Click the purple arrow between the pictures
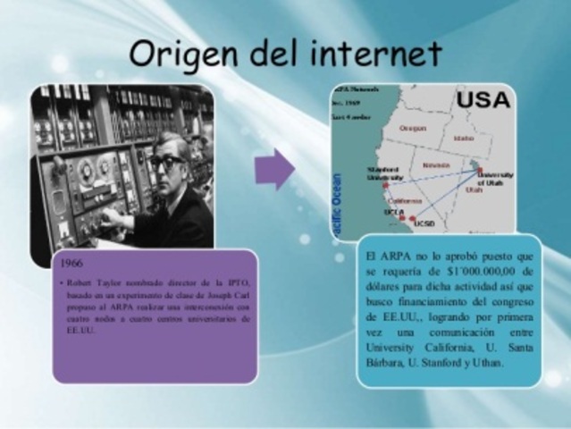pyautogui.click(x=274, y=169)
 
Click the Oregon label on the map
pyautogui.click(x=413, y=127)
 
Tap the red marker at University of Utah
pyautogui.click(x=474, y=164)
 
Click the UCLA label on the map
pyautogui.click(x=392, y=214)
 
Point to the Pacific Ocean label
pyautogui.click(x=337, y=201)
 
